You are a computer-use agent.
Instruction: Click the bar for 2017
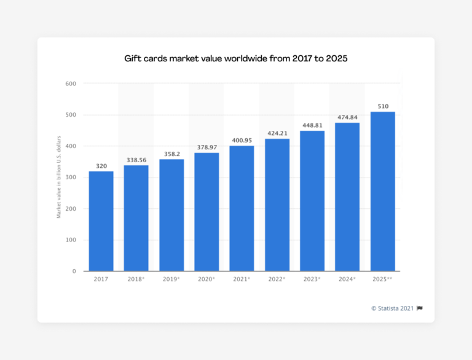click(101, 221)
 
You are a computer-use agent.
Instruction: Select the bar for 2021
click(242, 208)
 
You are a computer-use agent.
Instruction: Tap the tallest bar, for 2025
click(382, 191)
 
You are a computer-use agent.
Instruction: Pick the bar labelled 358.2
click(171, 215)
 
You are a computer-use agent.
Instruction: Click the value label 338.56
click(136, 159)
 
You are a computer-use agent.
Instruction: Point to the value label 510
click(382, 106)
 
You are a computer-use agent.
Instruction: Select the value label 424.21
click(277, 133)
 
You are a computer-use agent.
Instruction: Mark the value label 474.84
click(347, 117)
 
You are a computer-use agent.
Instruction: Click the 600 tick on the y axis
click(71, 84)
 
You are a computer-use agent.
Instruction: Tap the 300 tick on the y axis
click(71, 178)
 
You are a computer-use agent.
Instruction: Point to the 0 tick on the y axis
click(74, 271)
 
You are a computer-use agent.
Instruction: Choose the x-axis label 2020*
click(206, 280)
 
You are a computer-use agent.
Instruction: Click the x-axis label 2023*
click(312, 280)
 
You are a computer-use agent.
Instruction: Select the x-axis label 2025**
click(382, 280)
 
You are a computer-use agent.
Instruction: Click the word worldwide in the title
click(251, 59)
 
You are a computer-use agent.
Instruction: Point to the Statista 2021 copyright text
click(392, 308)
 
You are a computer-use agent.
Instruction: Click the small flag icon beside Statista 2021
click(420, 308)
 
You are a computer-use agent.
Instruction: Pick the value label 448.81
click(312, 125)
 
